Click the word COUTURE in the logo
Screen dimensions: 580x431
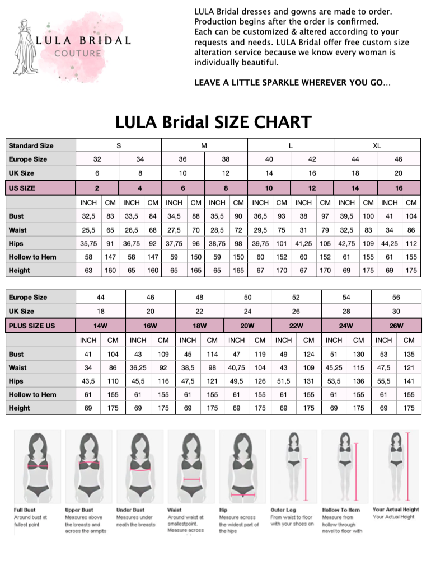pyautogui.click(x=78, y=54)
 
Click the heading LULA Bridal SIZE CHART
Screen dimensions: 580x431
pyautogui.click(x=213, y=122)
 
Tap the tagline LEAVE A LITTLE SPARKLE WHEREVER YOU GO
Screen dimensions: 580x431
pyautogui.click(x=292, y=83)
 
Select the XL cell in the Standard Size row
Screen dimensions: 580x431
pyautogui.click(x=377, y=145)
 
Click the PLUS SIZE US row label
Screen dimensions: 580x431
pyautogui.click(x=32, y=326)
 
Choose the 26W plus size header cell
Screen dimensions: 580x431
pyautogui.click(x=396, y=326)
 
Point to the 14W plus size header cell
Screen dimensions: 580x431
pyautogui.click(x=101, y=326)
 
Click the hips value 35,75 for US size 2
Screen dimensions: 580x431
pyautogui.click(x=88, y=243)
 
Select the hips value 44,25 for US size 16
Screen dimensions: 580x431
pyautogui.click(x=390, y=243)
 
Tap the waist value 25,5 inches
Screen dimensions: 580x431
pyautogui.click(x=88, y=230)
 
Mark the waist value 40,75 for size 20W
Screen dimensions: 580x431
pyautogui.click(x=237, y=367)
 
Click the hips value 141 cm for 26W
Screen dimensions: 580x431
pyautogui.click(x=409, y=381)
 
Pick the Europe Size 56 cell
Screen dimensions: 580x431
pyautogui.click(x=396, y=298)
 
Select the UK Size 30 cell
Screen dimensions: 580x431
pyautogui.click(x=396, y=311)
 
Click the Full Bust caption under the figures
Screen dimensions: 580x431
pyautogui.click(x=25, y=510)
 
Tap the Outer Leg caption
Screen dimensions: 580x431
pyautogui.click(x=283, y=510)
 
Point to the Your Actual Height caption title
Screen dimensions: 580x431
pyautogui.click(x=395, y=510)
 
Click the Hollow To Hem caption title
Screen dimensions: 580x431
pyautogui.click(x=341, y=510)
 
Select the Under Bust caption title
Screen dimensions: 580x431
pyautogui.click(x=130, y=510)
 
